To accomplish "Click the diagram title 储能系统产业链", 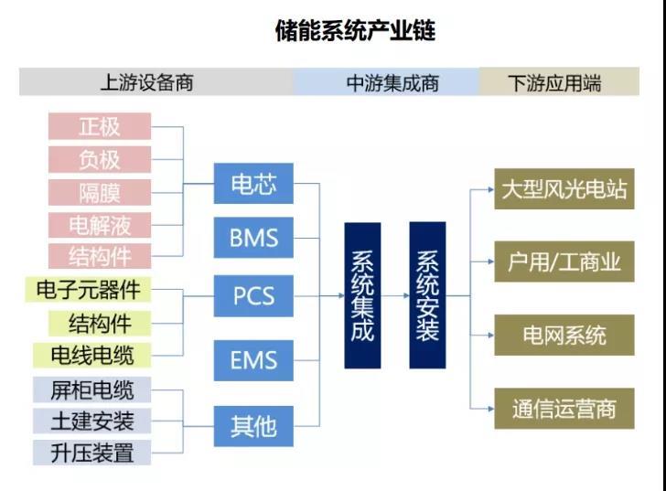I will tap(355, 31).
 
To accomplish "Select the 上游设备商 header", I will tap(146, 82).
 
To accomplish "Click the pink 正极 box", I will tap(99, 126).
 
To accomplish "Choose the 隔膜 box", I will tap(99, 191).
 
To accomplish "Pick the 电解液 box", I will tap(99, 224).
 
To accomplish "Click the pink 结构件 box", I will tap(99, 255).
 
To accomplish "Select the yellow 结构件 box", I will tap(99, 323).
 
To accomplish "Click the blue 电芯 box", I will tap(253, 186).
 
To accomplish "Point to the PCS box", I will tap(253, 296).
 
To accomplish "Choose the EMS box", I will tap(253, 360).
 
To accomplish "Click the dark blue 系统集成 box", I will tap(362, 295).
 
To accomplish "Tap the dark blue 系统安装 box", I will tap(427, 295).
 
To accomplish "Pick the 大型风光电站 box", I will tap(564, 189).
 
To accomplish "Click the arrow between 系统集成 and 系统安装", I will tap(394, 295).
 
